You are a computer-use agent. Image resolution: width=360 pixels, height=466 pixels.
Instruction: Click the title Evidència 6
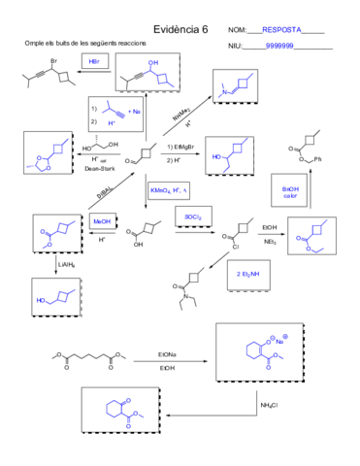click(180, 30)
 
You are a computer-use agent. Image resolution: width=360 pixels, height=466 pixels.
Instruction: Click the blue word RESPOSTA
click(280, 31)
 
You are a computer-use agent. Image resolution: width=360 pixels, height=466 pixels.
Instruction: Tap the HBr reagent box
click(94, 61)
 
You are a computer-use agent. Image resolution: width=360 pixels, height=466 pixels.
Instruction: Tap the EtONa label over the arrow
click(168, 356)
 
